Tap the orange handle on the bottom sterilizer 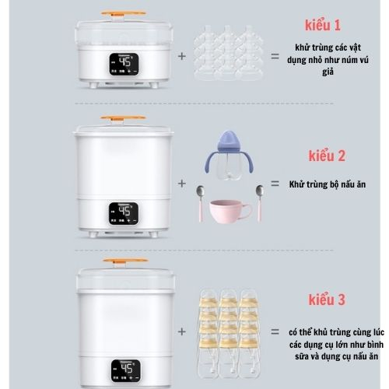(120, 259)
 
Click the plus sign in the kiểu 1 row (182, 56)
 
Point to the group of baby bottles (230, 333)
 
